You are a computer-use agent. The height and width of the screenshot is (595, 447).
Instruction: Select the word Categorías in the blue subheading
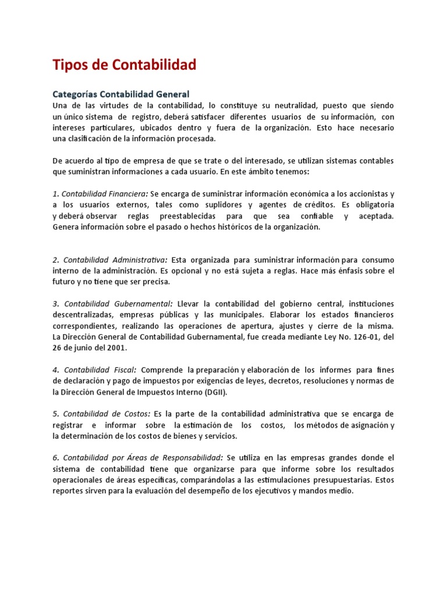(x=74, y=94)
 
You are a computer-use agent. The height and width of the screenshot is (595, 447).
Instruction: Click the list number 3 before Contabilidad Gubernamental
(x=55, y=304)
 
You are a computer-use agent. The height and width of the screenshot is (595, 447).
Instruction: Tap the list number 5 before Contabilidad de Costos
(x=55, y=414)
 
